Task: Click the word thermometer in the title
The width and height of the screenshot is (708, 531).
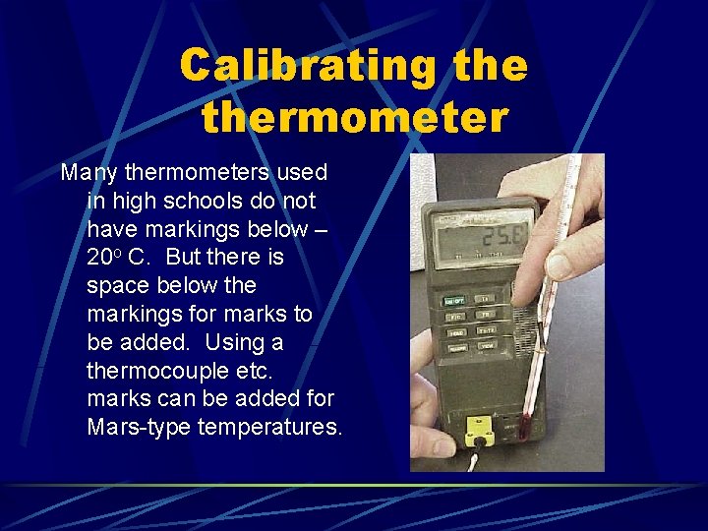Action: click(354, 117)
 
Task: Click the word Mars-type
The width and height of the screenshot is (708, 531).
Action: click(139, 428)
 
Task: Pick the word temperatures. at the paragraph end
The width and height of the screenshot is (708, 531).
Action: click(270, 428)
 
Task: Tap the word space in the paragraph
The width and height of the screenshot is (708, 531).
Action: click(115, 286)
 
